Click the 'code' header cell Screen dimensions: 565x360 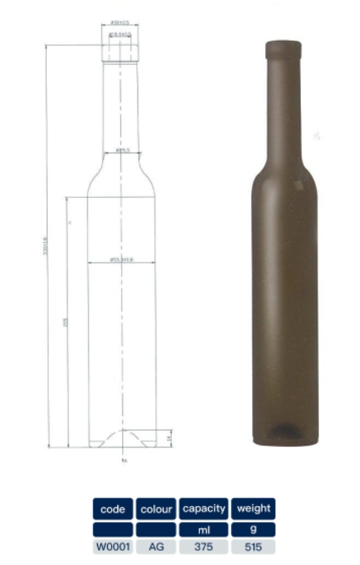(112, 509)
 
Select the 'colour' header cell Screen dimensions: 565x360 (156, 509)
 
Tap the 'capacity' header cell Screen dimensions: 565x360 (204, 509)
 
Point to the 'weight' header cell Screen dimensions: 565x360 (253, 509)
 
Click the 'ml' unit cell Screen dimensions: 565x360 (204, 530)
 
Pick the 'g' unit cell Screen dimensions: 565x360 (253, 530)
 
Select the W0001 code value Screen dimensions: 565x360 (112, 547)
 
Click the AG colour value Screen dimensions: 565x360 (156, 547)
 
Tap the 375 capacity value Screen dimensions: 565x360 (204, 547)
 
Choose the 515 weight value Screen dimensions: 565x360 (253, 547)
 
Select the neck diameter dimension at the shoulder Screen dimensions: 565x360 (122, 150)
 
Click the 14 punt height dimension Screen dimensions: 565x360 (168, 437)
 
